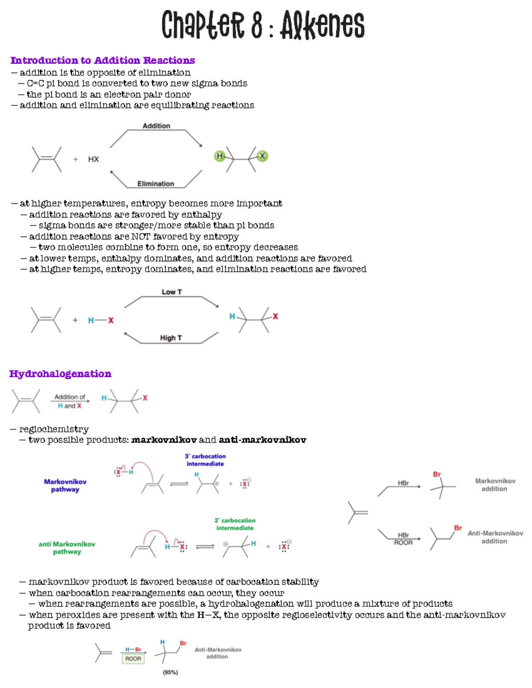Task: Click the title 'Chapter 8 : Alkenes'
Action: point(262,25)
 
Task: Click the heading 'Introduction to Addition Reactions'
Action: point(102,60)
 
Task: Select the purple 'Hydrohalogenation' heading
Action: point(60,374)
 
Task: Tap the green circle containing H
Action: point(219,156)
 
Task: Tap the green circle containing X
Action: point(262,156)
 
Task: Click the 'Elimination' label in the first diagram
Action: point(156,184)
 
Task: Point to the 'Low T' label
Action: point(172,292)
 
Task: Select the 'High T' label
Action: point(171,338)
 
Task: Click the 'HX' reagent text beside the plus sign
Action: point(94,159)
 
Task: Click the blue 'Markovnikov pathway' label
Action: point(65,486)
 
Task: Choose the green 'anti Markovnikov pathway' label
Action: point(67,548)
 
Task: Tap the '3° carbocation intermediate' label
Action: point(205,460)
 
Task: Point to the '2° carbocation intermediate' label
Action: point(235,524)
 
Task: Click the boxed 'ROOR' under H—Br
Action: point(133,659)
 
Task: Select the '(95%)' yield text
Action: point(170,672)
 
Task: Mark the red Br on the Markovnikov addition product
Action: point(437,474)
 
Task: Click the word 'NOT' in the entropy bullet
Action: point(141,237)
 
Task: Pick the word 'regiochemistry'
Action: point(54,429)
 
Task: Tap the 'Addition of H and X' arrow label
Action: point(70,401)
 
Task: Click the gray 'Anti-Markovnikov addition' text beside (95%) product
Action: point(218,653)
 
